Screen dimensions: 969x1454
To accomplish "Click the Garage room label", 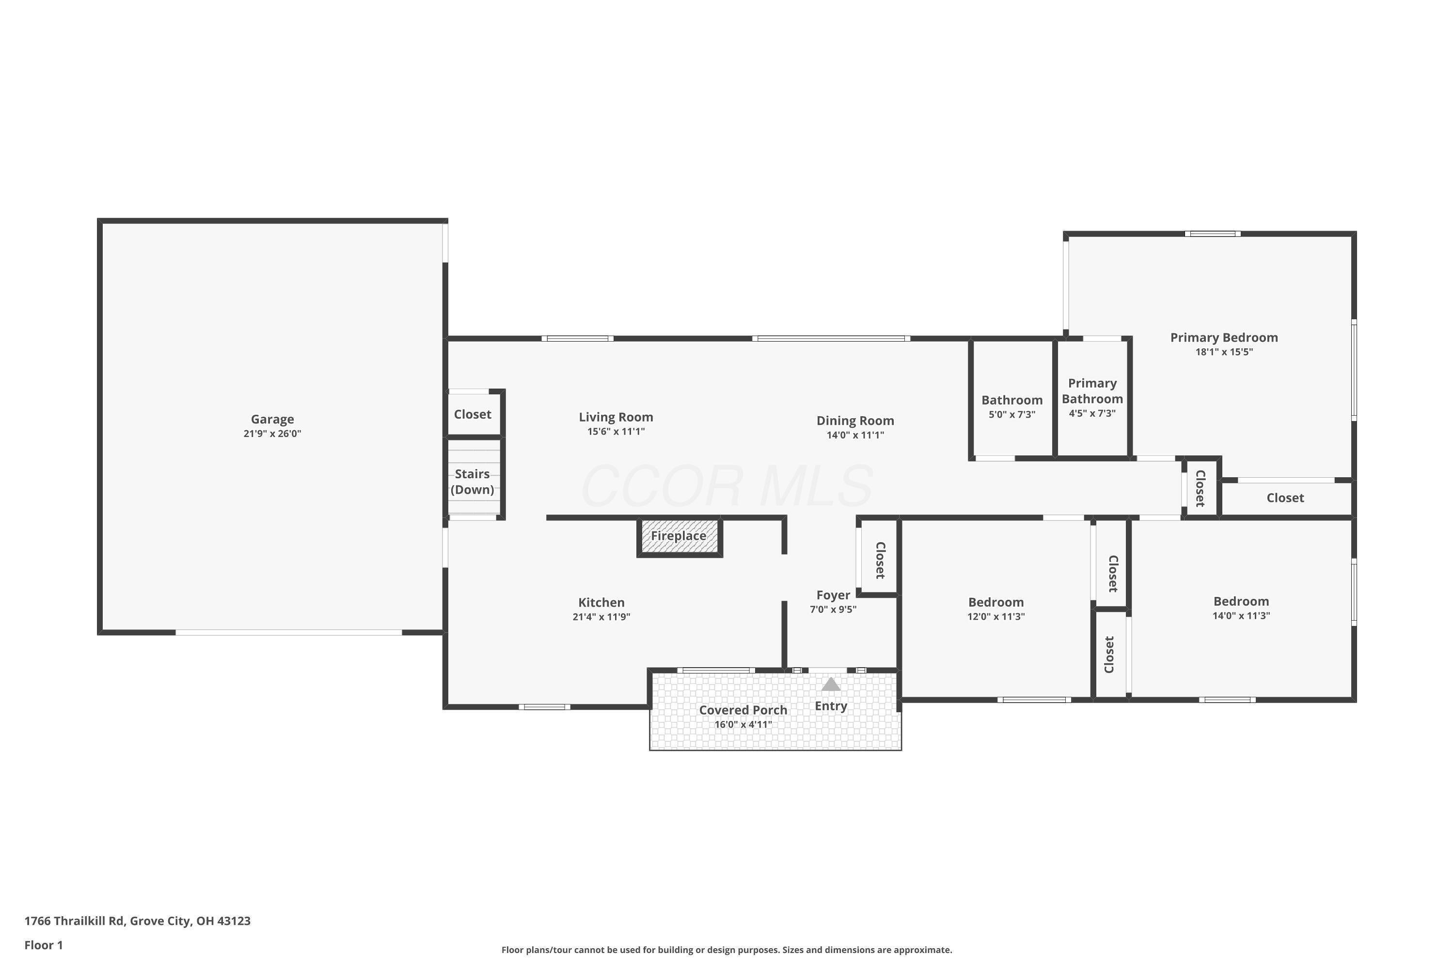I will click(272, 419).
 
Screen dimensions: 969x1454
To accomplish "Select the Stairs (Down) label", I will click(472, 482).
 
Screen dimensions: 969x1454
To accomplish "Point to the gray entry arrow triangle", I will click(830, 684).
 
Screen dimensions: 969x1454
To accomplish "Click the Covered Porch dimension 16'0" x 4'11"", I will click(743, 724).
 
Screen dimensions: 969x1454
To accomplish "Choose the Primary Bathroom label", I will click(1092, 391).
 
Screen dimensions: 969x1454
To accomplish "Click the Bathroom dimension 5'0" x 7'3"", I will click(1011, 415).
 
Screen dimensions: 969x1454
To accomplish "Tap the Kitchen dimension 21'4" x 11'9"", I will click(601, 617).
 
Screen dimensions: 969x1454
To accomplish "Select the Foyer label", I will click(833, 595).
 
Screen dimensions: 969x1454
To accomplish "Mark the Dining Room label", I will click(855, 421).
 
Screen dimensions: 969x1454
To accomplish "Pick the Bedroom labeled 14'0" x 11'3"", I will click(1241, 601).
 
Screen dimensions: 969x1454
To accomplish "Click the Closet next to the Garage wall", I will click(472, 415).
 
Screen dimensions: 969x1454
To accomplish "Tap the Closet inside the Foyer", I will click(880, 560).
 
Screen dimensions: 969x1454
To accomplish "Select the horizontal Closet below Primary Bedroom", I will click(1285, 498).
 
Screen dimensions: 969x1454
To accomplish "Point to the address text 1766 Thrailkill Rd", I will click(137, 921).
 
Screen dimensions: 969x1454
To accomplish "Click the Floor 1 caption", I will click(43, 945).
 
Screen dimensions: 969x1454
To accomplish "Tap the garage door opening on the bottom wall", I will click(289, 632).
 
